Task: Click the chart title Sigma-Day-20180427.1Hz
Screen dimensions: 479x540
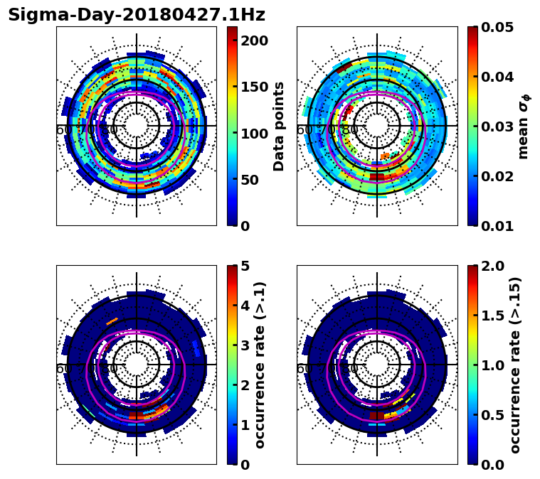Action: pyautogui.click(x=136, y=15)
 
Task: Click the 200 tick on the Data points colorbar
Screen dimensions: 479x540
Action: pyautogui.click(x=254, y=41)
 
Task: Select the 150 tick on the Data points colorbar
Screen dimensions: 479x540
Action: pyautogui.click(x=254, y=87)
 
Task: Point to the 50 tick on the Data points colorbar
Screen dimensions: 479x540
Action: pyautogui.click(x=254, y=180)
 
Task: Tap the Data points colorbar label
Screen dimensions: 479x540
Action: pyautogui.click(x=279, y=126)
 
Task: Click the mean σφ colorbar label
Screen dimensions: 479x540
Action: pyautogui.click(x=524, y=126)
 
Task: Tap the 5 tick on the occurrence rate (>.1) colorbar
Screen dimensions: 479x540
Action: pyautogui.click(x=244, y=266)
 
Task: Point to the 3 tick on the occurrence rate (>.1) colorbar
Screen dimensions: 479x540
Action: pyautogui.click(x=244, y=345)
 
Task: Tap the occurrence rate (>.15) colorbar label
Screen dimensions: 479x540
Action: pyautogui.click(x=515, y=365)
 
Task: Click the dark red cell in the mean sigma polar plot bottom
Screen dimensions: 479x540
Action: pyautogui.click(x=377, y=176)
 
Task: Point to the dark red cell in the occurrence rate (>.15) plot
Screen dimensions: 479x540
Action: pyautogui.click(x=377, y=415)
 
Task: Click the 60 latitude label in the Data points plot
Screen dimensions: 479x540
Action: pyautogui.click(x=63, y=130)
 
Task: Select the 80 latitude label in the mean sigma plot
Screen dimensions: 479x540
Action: pyautogui.click(x=349, y=130)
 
